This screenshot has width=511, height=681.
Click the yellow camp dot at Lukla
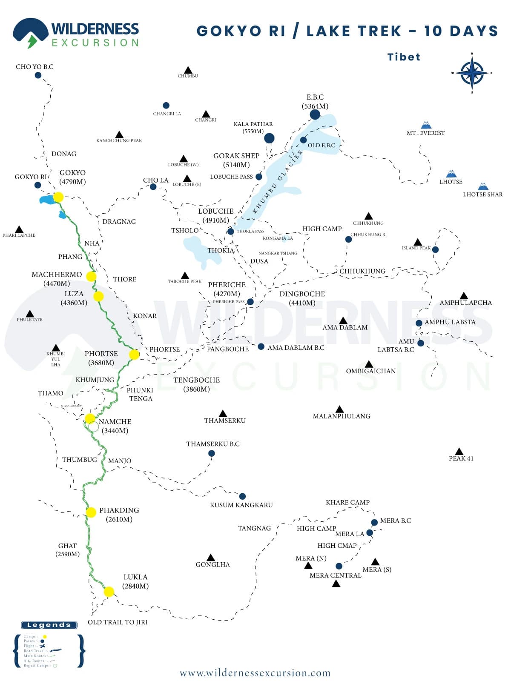tap(109, 592)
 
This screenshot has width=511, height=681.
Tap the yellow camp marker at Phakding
tap(91, 512)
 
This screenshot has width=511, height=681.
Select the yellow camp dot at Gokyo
tap(58, 197)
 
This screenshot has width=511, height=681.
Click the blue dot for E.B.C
tap(315, 114)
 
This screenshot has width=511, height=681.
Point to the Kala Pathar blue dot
tap(269, 138)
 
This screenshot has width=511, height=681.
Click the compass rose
tap(472, 73)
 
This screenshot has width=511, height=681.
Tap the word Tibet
tap(404, 57)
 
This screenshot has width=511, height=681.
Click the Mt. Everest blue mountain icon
tap(426, 125)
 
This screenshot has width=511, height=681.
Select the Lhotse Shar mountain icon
tap(483, 186)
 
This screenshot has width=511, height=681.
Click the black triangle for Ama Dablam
tap(343, 320)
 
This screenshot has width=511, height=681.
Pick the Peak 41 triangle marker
tap(459, 452)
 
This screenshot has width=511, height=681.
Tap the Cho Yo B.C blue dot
tap(38, 75)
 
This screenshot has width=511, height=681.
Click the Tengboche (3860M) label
tap(196, 384)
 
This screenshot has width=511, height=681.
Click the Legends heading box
tap(49, 625)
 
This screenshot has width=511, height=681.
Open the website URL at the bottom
tap(255, 673)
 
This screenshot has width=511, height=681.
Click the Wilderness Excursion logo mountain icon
tap(30, 32)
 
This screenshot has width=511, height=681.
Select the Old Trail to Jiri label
tap(118, 622)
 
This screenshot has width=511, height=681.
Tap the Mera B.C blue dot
tap(374, 522)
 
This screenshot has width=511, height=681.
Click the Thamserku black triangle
tap(223, 414)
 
